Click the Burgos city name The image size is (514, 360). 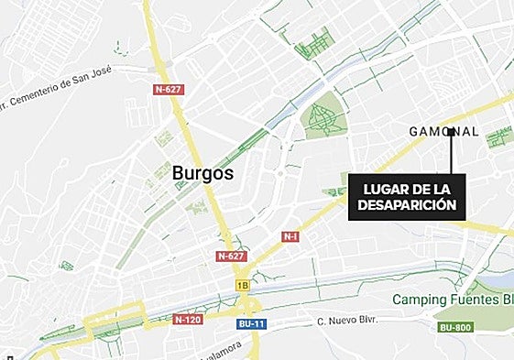202,172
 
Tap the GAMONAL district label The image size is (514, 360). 443,132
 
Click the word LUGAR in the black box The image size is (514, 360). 384,189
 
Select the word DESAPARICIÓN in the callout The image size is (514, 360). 406,206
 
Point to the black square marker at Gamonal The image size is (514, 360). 451,132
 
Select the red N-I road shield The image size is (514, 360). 290,236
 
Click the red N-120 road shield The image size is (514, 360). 186,320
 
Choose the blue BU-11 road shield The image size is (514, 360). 249,323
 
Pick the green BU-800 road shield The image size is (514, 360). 455,327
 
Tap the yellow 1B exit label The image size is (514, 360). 243,286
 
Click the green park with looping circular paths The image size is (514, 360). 324,119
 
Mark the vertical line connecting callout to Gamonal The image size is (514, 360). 451,154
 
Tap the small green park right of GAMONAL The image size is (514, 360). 499,137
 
